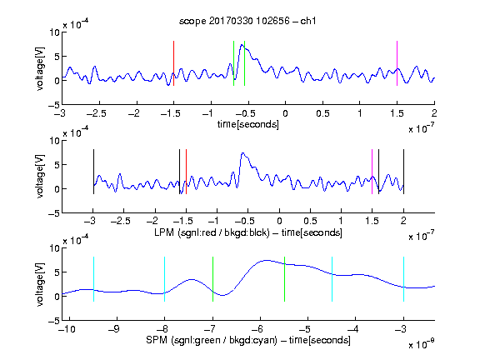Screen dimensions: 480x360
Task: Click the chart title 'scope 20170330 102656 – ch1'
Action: pos(247,21)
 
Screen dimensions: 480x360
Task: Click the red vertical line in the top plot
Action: pos(173,63)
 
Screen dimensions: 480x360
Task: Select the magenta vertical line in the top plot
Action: pos(397,63)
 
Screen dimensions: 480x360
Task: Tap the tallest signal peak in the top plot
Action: pos(242,45)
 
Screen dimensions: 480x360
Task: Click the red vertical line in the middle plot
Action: pos(186,172)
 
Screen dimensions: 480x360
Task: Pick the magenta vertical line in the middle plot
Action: pos(372,172)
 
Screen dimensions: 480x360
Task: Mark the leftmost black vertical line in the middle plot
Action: pos(93,172)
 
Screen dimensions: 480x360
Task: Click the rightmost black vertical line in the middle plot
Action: pos(403,172)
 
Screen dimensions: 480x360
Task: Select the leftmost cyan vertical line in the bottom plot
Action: pos(93,279)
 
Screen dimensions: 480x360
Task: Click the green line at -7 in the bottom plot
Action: pos(212,279)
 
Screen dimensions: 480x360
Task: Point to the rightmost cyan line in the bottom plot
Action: pos(403,279)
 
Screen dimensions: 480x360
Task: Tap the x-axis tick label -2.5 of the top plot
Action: pos(97,113)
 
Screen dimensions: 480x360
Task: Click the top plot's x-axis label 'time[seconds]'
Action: pos(248,124)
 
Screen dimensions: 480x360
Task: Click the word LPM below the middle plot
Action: pos(164,232)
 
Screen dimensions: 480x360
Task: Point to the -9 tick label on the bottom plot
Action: pos(114,329)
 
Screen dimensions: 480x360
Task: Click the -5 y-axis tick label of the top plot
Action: pos(54,105)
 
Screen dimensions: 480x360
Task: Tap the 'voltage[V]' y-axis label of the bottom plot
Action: pos(40,284)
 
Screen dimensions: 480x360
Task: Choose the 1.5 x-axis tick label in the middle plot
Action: pos(372,221)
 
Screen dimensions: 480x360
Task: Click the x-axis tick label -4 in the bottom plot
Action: pos(352,329)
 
